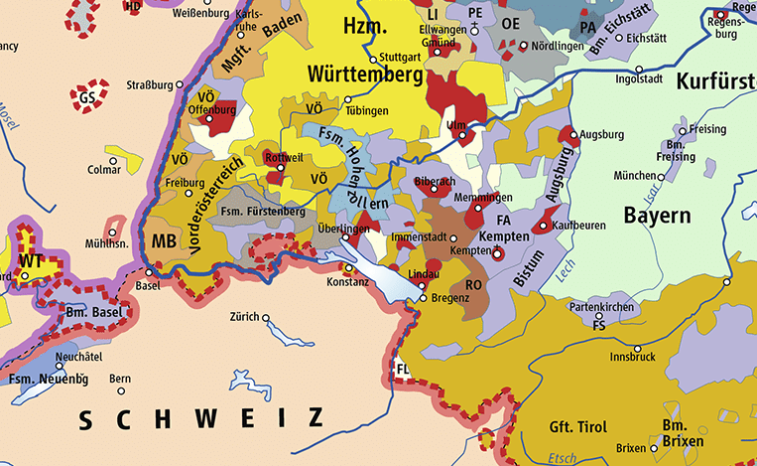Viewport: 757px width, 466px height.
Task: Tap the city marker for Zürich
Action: [x=266, y=318]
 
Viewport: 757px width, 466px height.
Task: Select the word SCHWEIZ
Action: [x=201, y=418]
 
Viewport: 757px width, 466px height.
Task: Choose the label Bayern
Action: [x=657, y=216]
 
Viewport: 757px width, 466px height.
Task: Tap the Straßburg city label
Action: [x=151, y=85]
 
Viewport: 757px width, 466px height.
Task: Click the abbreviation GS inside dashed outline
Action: [x=87, y=97]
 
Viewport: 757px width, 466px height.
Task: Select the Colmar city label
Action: [x=104, y=169]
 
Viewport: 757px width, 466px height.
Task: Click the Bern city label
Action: [x=119, y=379]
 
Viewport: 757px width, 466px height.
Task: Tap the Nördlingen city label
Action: [x=558, y=46]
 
